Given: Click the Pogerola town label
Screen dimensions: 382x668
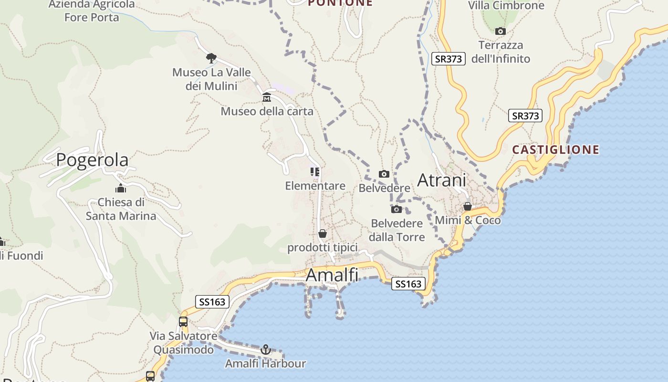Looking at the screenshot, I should [92, 160].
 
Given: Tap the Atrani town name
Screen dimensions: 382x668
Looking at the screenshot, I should [441, 180].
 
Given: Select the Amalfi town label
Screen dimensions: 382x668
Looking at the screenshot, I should [332, 275].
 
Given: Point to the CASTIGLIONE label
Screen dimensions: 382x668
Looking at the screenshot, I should [555, 150].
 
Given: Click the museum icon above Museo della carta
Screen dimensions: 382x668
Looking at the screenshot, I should [267, 98].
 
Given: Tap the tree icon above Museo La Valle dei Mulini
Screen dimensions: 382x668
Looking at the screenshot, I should [211, 58].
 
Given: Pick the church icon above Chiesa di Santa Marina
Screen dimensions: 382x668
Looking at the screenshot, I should [121, 188].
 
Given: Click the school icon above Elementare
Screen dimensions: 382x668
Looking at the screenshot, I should [315, 171].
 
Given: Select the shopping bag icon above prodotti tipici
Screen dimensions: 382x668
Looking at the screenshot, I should [323, 233].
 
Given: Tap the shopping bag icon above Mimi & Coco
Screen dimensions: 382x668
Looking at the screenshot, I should [468, 206].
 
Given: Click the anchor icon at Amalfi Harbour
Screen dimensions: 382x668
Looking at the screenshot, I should [266, 350].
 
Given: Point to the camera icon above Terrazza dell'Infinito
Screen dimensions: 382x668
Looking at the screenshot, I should [500, 32].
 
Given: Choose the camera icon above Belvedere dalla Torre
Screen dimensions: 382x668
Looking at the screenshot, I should [397, 209].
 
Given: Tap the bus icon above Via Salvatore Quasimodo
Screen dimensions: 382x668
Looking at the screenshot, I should [183, 321].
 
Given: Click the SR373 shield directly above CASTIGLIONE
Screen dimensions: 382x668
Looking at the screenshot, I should [525, 116].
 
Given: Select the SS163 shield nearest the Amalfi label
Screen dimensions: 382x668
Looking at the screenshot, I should [408, 284].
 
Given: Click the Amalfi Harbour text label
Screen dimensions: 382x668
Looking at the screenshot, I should [265, 363].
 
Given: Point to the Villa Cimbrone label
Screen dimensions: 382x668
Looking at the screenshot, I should [506, 6].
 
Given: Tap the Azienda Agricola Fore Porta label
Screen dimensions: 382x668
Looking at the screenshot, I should [92, 11].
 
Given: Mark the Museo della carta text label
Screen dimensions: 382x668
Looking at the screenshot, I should [267, 112].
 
